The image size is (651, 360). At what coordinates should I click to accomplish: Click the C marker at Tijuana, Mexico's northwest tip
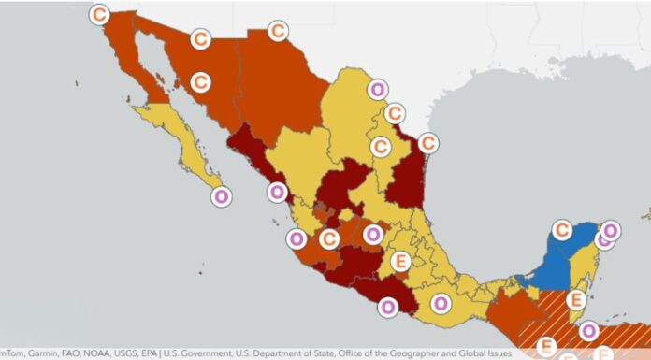tap(99, 14)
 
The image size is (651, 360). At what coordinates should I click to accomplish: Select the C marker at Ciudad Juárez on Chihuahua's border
tap(278, 31)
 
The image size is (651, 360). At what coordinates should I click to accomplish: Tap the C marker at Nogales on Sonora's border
tap(199, 39)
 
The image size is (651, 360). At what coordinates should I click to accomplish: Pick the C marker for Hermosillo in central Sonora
tap(199, 82)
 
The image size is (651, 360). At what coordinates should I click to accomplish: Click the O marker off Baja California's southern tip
tap(221, 197)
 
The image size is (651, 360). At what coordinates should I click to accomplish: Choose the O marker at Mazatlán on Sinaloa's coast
tap(277, 193)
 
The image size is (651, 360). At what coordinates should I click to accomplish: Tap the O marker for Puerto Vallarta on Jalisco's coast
tap(297, 238)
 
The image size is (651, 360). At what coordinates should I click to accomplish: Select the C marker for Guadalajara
tap(329, 239)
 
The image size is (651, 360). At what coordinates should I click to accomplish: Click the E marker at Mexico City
tap(401, 261)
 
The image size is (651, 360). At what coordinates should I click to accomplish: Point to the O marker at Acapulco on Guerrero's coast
tap(388, 305)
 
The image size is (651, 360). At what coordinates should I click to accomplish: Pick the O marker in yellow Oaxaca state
tap(440, 302)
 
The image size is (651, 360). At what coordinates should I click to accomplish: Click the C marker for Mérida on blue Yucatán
tap(562, 229)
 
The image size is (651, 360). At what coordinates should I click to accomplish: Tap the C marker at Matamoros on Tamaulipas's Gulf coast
tap(427, 143)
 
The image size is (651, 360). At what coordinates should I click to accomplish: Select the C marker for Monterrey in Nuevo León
tap(381, 147)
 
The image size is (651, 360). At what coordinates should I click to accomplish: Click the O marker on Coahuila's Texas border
tap(377, 90)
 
